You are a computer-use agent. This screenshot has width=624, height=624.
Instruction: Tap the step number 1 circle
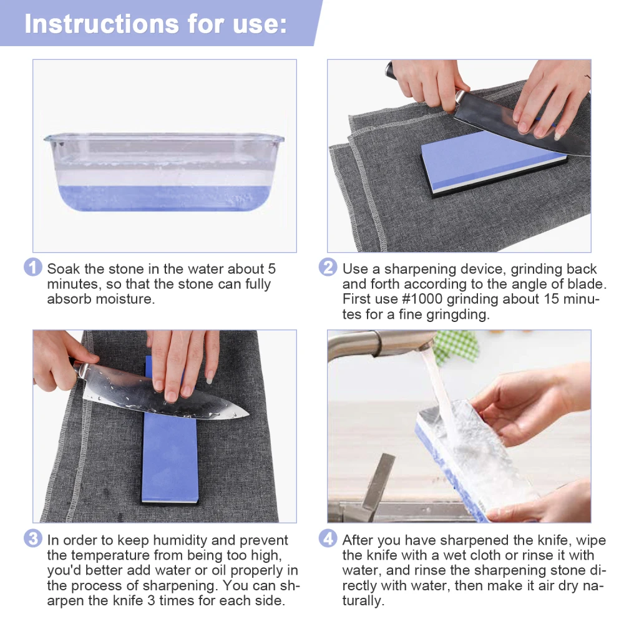pyautogui.click(x=33, y=268)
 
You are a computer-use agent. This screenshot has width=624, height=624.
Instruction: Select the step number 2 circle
pyautogui.click(x=328, y=268)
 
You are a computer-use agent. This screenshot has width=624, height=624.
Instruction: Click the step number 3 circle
pyautogui.click(x=33, y=539)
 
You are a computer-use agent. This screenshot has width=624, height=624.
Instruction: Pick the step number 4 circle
pyautogui.click(x=328, y=539)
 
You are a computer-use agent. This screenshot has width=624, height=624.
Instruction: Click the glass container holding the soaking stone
pyautogui.click(x=163, y=172)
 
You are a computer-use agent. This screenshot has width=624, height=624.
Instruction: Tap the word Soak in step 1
pyautogui.click(x=63, y=269)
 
